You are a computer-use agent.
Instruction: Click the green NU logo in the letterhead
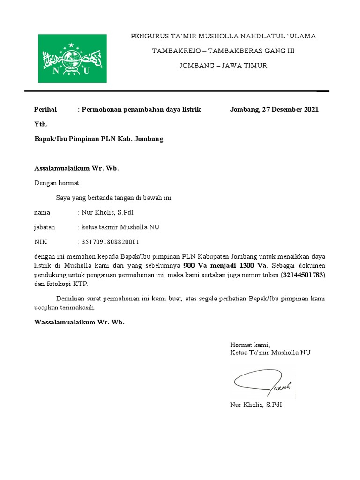(x=72, y=59)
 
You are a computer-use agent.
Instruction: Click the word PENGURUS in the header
(x=147, y=36)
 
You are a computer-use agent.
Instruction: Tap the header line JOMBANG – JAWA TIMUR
(x=223, y=66)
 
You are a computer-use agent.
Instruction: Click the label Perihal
(x=45, y=109)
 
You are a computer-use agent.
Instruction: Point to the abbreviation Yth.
(x=41, y=124)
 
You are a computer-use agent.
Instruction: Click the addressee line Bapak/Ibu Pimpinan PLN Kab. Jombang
(x=99, y=139)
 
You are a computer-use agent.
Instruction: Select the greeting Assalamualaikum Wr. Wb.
(x=77, y=168)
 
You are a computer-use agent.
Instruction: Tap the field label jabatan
(x=45, y=227)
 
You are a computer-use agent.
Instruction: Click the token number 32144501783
(x=303, y=275)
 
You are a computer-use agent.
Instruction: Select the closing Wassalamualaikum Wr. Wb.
(x=80, y=322)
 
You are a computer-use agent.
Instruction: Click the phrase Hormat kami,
(x=250, y=345)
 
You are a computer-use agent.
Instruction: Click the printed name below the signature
(x=256, y=404)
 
